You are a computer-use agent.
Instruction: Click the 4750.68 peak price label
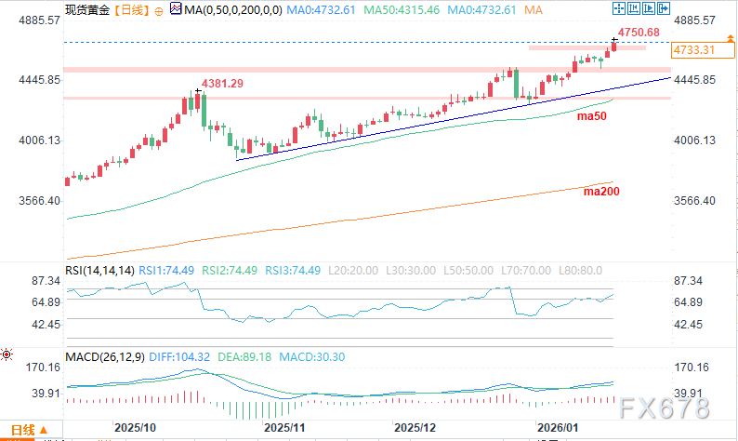639,33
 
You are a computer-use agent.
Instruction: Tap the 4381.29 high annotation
223,84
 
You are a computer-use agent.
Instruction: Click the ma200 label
600,191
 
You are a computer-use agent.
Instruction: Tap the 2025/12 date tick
415,427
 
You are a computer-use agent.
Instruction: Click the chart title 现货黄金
86,8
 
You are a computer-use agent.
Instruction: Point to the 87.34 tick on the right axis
692,281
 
